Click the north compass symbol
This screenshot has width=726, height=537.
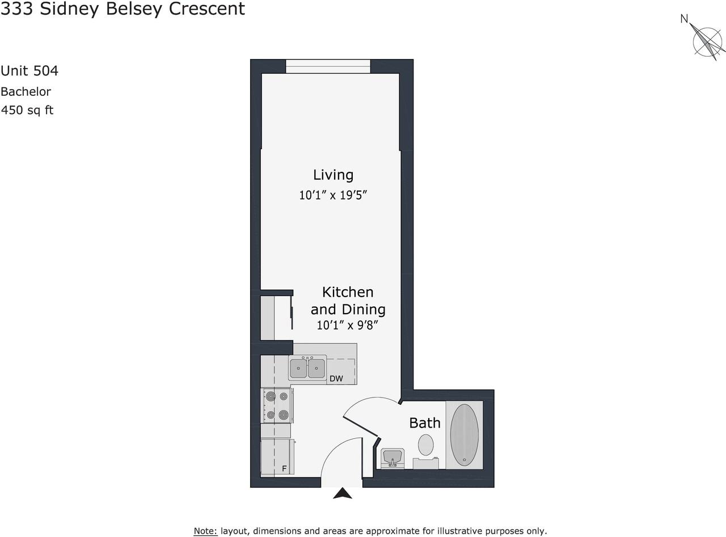click(x=708, y=40)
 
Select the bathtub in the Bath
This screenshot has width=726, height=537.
click(x=464, y=435)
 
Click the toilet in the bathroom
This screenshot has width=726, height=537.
click(x=426, y=445)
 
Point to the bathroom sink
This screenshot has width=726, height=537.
click(x=392, y=457)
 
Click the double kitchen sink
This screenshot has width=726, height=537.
click(x=307, y=369)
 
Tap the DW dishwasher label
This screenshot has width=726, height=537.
click(x=336, y=379)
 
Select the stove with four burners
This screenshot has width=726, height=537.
click(x=277, y=405)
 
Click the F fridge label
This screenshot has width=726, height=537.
click(x=284, y=469)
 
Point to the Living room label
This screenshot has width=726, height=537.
click(x=333, y=175)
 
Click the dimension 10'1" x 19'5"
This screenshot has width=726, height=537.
click(x=334, y=196)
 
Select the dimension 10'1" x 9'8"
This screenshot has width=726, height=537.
click(x=347, y=325)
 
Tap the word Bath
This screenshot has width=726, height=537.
click(x=425, y=423)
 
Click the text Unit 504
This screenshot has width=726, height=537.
click(x=29, y=71)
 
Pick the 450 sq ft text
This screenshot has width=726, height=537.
click(x=27, y=110)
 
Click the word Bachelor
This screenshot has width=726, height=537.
click(x=26, y=91)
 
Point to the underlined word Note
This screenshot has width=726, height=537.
click(x=205, y=531)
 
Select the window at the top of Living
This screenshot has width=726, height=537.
click(x=328, y=66)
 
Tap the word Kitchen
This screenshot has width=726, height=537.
click(x=348, y=292)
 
